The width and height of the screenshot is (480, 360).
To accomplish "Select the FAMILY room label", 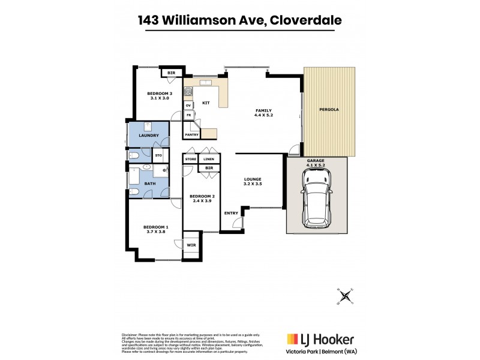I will pos(263,110).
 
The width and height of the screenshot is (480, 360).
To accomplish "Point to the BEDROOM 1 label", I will pos(155,227).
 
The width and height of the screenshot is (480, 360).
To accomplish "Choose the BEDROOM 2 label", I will pos(202,196).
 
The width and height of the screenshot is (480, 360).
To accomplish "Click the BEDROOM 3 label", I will pos(160,94).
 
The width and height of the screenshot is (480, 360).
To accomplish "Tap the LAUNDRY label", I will pos(148,136).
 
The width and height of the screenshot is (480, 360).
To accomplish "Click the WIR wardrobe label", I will pos(191,245).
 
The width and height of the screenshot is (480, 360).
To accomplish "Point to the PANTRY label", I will pos(191,135).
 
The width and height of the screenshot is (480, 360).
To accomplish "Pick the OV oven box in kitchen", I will pos(188,105).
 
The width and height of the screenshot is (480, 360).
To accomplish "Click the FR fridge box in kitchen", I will pos(188,115).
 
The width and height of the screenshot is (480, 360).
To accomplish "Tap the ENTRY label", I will pos(230,213).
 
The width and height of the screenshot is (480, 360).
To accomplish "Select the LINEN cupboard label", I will pos(208,159).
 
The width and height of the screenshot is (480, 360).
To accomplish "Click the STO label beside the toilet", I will pos(158,155).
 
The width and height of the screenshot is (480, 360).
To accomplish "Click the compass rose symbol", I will pos(346,295).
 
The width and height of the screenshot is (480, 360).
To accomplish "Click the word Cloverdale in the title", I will pos(306,20).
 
